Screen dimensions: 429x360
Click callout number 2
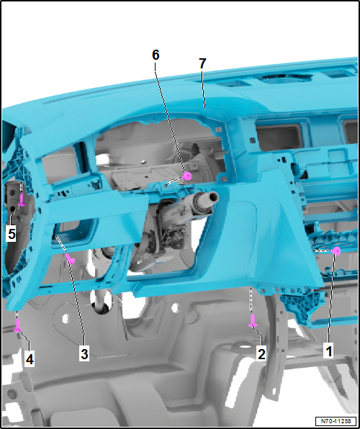(261, 353)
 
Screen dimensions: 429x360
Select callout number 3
(84, 353)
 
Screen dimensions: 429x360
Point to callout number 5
(12, 234)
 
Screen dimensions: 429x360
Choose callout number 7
(202, 63)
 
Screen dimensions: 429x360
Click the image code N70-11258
(335, 421)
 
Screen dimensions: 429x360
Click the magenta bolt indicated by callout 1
(336, 250)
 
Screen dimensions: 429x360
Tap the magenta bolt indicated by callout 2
(253, 323)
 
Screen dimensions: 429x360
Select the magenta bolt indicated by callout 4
(17, 328)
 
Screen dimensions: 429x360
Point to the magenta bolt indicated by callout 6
(186, 176)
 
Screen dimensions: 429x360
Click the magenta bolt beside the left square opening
(70, 258)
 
